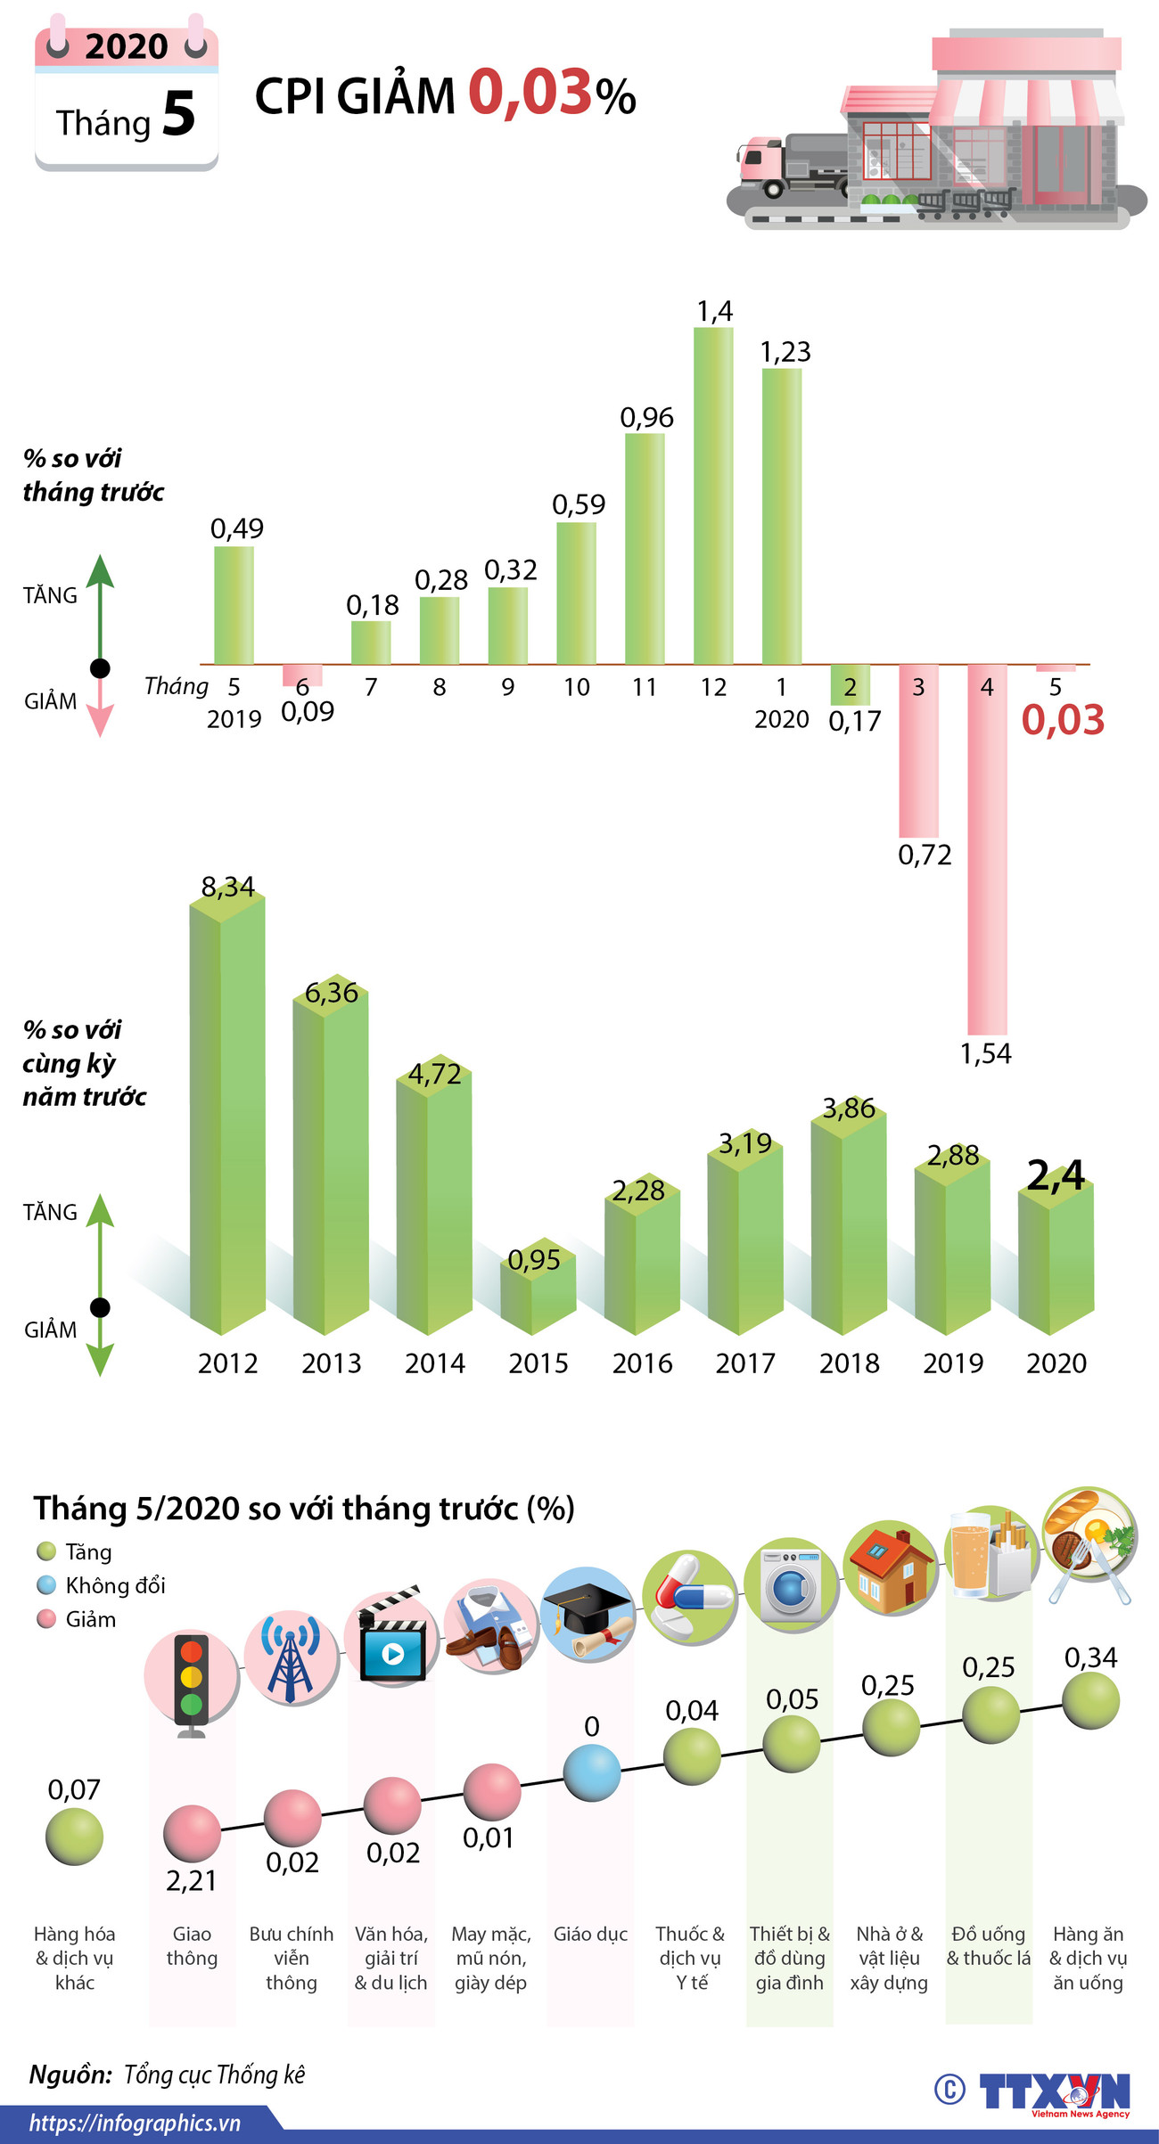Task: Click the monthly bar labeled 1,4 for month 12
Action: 713,495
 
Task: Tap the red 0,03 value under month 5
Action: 1063,720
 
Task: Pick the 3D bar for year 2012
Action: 227,1114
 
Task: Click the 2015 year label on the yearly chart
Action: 538,1363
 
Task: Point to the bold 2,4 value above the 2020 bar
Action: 1056,1175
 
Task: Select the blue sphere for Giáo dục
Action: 591,1772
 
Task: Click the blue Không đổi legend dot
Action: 46,1585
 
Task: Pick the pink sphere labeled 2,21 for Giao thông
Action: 192,1833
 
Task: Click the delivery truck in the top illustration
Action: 789,166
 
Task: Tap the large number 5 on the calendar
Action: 178,115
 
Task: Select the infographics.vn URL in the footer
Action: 135,2124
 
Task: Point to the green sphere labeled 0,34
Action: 1090,1700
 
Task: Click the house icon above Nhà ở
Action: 889,1569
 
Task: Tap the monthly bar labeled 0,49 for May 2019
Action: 234,605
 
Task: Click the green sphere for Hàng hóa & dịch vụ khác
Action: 74,1836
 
